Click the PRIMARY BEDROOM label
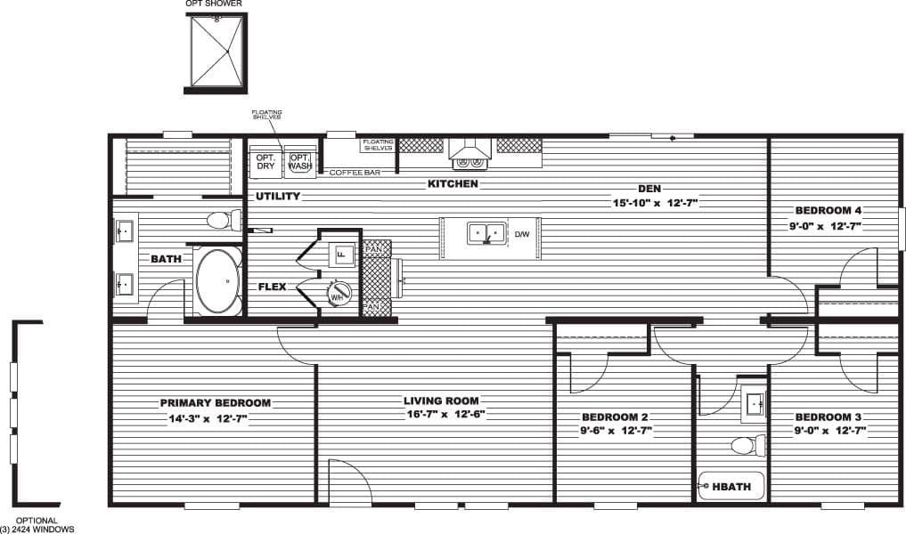(x=216, y=402)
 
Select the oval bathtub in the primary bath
(x=217, y=280)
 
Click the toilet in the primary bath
(x=222, y=219)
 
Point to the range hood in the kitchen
(x=469, y=153)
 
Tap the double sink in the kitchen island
(x=486, y=234)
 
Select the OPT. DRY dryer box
(x=265, y=161)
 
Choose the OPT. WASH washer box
(x=299, y=161)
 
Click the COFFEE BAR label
(x=355, y=172)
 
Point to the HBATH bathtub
(x=732, y=486)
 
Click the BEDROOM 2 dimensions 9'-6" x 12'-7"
(x=616, y=431)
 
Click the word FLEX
(x=272, y=287)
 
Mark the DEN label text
(x=648, y=189)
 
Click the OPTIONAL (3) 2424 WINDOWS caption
(x=37, y=525)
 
